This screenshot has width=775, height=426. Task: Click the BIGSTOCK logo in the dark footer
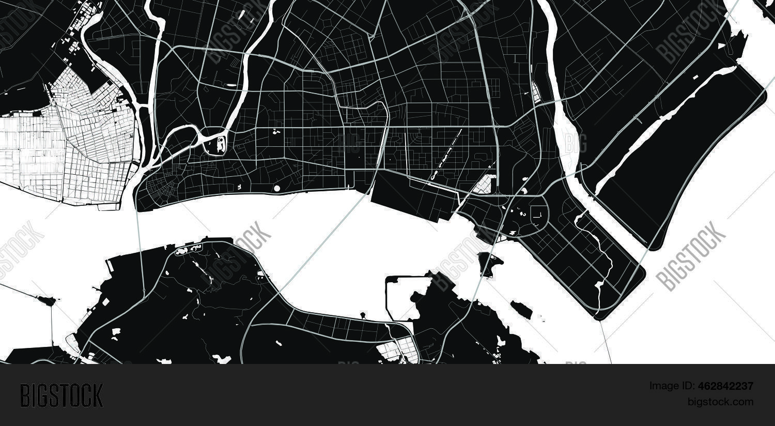61,395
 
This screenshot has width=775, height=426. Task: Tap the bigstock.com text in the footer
720,402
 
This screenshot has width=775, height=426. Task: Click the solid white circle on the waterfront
276,189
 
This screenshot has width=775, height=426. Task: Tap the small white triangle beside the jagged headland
721,46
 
